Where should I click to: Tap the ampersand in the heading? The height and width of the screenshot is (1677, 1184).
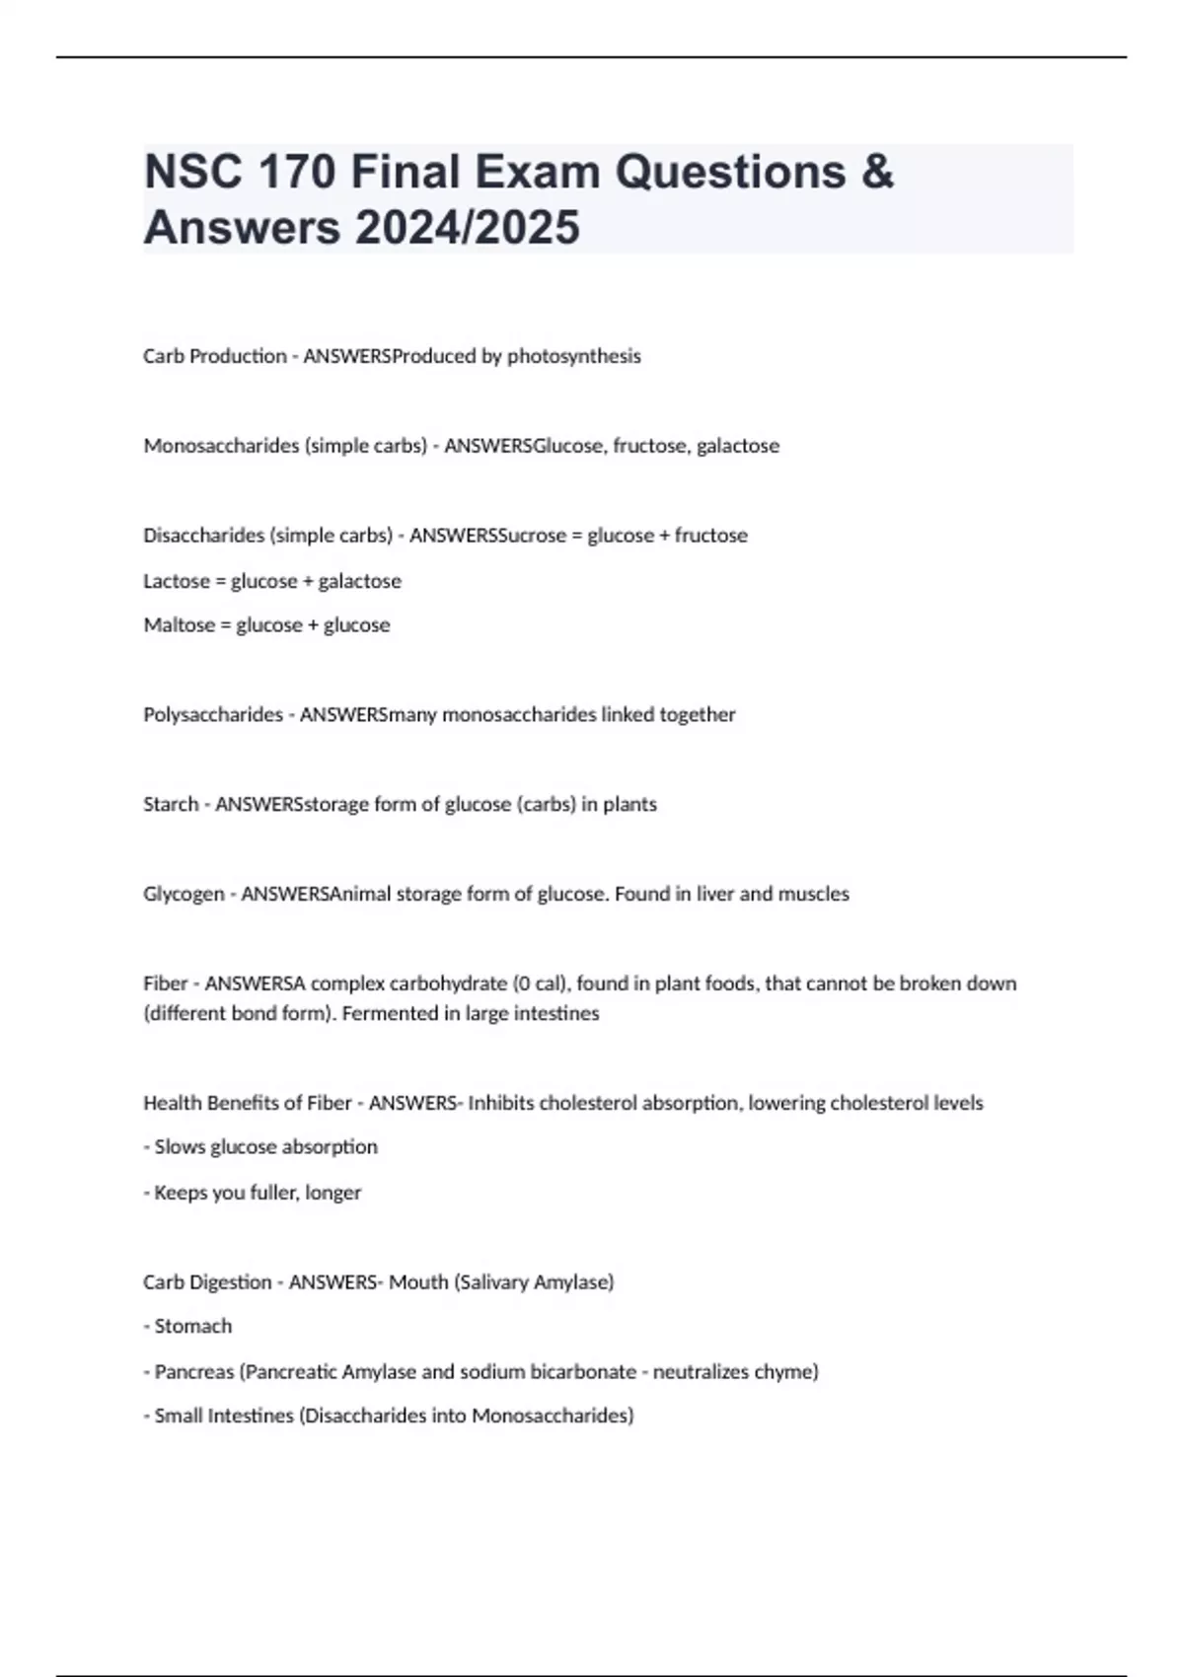click(x=877, y=172)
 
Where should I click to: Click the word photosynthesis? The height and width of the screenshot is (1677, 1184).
click(x=574, y=356)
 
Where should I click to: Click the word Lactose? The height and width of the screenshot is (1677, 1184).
click(x=177, y=581)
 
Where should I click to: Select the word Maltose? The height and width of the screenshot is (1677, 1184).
click(x=178, y=625)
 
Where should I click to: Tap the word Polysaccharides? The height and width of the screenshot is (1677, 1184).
click(x=213, y=715)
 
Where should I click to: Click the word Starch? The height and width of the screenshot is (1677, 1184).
click(x=171, y=805)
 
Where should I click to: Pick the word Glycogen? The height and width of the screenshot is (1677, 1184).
click(x=184, y=895)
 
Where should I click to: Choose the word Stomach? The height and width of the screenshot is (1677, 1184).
click(x=193, y=1327)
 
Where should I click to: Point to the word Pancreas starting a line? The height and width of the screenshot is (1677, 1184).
click(x=194, y=1372)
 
